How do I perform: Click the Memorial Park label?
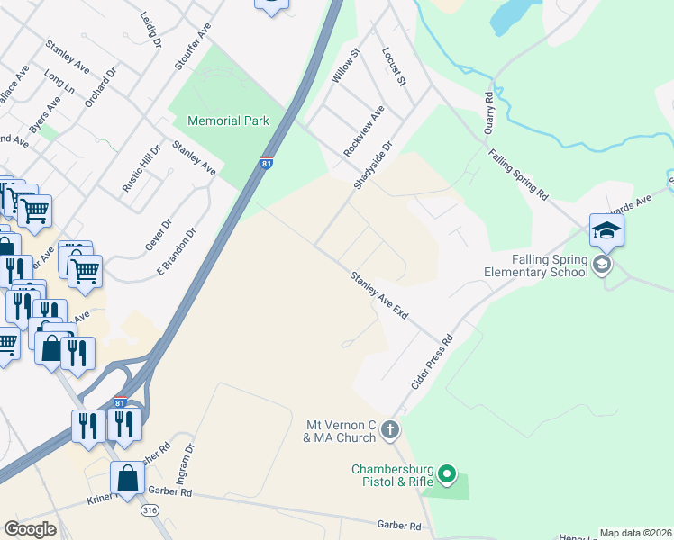(228, 121)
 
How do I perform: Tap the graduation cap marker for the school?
(606, 230)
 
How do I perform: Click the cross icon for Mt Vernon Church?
(389, 429)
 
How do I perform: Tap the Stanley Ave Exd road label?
(379, 296)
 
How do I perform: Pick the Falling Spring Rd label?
(518, 174)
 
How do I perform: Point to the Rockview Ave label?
(364, 131)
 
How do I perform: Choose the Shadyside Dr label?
(374, 165)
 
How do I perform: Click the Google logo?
(31, 529)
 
